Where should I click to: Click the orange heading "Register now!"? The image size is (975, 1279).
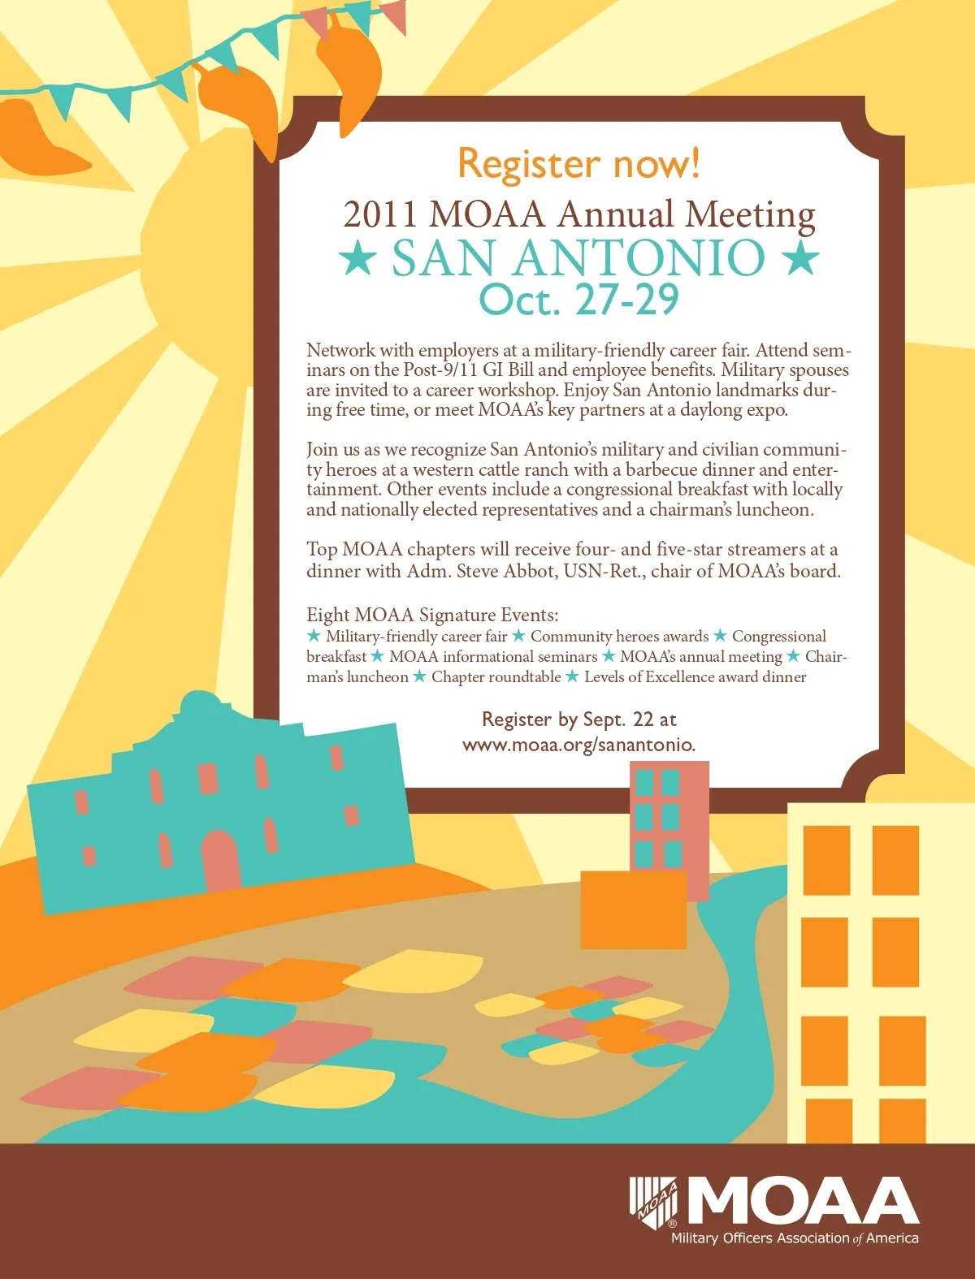[578, 163]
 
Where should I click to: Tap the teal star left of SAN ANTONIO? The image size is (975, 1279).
[357, 258]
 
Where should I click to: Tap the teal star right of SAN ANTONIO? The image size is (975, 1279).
[800, 258]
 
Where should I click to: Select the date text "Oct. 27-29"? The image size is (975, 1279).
[578, 300]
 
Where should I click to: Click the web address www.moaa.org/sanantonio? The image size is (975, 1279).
[578, 745]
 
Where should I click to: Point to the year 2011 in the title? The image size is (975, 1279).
[380, 214]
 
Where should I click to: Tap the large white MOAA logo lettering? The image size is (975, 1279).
[804, 1201]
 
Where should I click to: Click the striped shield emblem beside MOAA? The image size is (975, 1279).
[653, 1202]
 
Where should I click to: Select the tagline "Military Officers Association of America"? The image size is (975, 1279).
[794, 1238]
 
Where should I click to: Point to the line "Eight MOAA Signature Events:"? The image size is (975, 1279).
[432, 615]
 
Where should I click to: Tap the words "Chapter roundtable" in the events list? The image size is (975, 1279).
[496, 676]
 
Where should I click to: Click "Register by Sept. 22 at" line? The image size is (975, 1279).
[578, 719]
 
